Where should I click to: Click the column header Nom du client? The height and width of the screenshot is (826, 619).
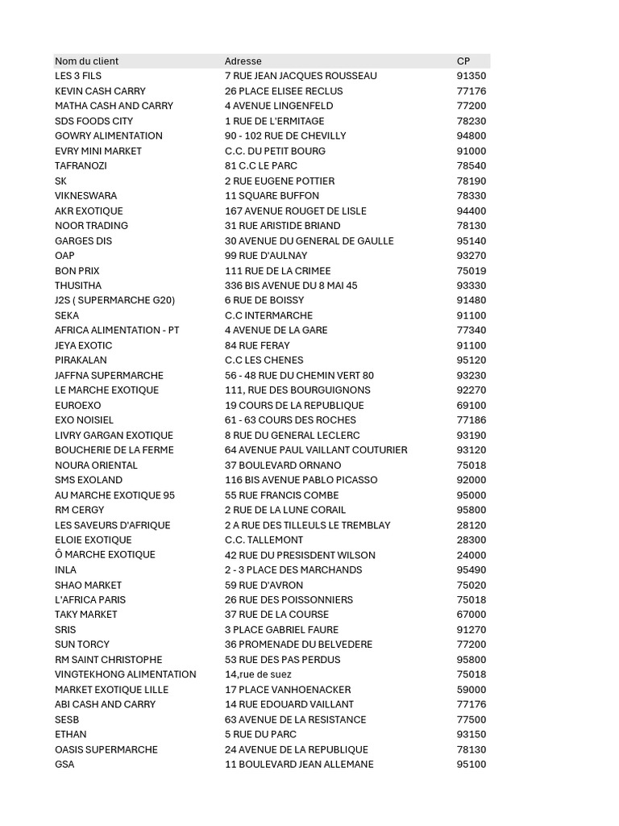point(86,61)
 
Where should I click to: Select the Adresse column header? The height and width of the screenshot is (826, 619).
point(243,61)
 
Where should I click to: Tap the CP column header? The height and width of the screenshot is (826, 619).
point(463,61)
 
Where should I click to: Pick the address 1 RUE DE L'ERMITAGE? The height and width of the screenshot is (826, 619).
point(274,121)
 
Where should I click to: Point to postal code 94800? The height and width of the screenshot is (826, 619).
point(472,136)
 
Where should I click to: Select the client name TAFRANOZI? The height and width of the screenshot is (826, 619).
point(81,165)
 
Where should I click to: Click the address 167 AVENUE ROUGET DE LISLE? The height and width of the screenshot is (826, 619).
point(295,211)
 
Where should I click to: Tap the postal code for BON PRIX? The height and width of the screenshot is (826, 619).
point(472,270)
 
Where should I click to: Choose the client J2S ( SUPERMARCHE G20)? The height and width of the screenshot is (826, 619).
point(114,300)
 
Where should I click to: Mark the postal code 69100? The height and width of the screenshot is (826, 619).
point(472,405)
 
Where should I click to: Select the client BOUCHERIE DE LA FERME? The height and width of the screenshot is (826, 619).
point(114,450)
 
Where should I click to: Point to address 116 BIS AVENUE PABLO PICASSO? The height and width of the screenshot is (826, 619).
point(301,480)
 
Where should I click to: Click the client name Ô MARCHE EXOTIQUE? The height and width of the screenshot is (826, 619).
point(105,555)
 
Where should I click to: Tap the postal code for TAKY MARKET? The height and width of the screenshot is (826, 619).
point(472,615)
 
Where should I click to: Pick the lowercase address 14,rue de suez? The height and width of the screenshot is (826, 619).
point(258,674)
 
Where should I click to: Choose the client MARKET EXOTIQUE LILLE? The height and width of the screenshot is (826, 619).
point(112,690)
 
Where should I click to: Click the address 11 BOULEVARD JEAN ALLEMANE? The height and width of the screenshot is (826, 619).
point(299,764)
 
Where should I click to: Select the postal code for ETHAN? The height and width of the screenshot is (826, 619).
point(472,734)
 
